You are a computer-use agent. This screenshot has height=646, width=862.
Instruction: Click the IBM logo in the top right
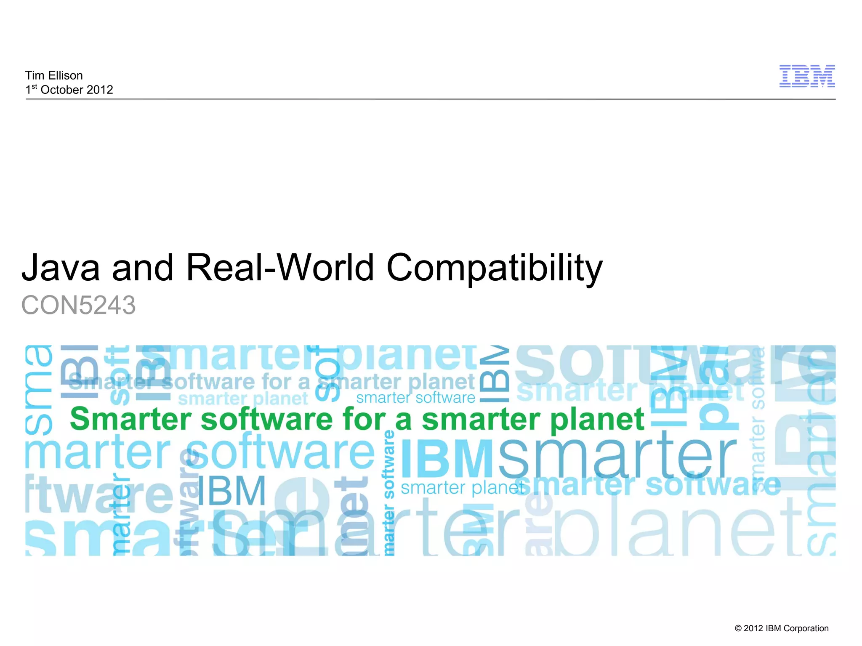click(x=807, y=76)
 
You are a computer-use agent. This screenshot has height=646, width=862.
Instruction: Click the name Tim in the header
click(x=35, y=75)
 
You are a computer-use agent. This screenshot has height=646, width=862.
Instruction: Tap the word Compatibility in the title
click(x=495, y=269)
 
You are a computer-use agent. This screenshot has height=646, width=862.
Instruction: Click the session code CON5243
click(x=79, y=305)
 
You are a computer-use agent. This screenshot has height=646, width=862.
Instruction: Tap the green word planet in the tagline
click(x=597, y=420)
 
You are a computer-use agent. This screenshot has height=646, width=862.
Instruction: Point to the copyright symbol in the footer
click(x=738, y=628)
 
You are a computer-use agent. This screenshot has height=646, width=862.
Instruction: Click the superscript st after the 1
click(x=35, y=87)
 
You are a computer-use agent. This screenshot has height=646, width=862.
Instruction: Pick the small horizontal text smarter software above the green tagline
click(x=415, y=398)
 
